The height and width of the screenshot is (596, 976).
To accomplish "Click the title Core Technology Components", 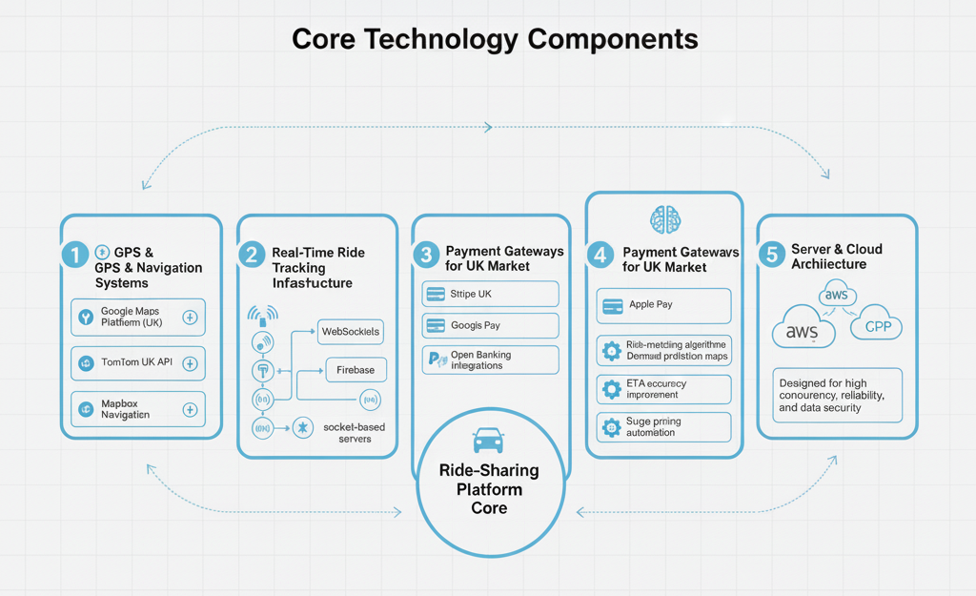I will pyautogui.click(x=494, y=39).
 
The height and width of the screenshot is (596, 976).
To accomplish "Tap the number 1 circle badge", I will pyautogui.click(x=73, y=255).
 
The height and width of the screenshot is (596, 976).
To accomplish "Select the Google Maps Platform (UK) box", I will pyautogui.click(x=138, y=318).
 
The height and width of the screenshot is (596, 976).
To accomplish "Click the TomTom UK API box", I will pyautogui.click(x=138, y=363).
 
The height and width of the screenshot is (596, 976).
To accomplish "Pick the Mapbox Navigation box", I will pyautogui.click(x=138, y=409).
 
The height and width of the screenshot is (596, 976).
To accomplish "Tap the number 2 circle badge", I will pyautogui.click(x=252, y=255).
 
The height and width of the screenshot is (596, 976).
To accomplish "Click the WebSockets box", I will pyautogui.click(x=350, y=332).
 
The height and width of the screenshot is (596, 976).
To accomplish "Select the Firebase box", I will pyautogui.click(x=355, y=370).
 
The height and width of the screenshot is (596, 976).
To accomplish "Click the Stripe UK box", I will pyautogui.click(x=490, y=295).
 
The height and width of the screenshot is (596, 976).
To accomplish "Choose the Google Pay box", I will pyautogui.click(x=490, y=325).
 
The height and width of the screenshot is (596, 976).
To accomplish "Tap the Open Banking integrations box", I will pyautogui.click(x=490, y=360).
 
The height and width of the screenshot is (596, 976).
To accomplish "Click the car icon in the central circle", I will pyautogui.click(x=488, y=440).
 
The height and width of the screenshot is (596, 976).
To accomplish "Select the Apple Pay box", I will pyautogui.click(x=663, y=305).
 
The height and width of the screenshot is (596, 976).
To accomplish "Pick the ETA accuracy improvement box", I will pyautogui.click(x=663, y=389).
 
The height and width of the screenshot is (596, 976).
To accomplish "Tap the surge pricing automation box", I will pyautogui.click(x=663, y=426).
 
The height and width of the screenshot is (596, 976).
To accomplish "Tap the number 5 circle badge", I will pyautogui.click(x=771, y=255).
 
